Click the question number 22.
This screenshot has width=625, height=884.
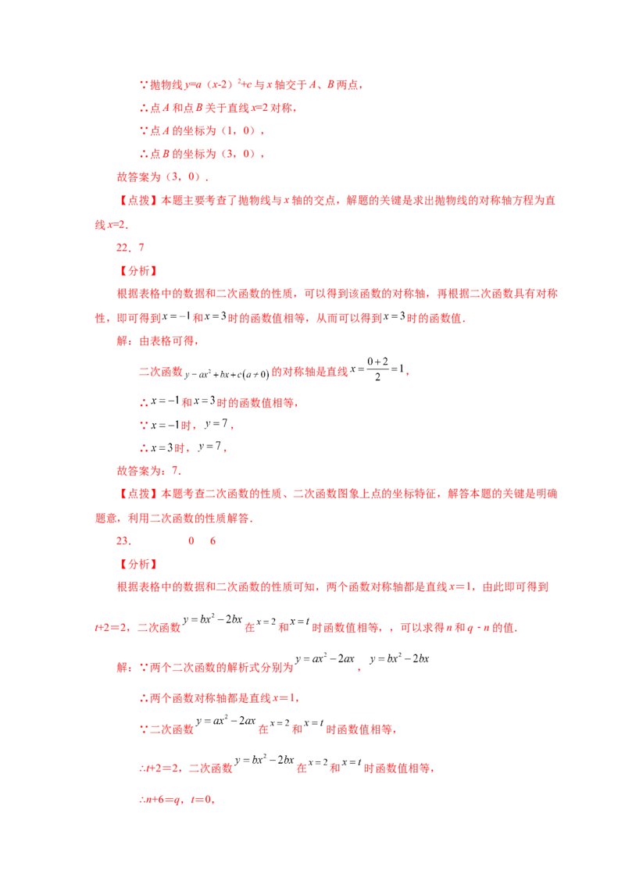coord(123,248)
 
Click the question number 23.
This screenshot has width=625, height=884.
coord(123,540)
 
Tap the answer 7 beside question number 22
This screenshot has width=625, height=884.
coord(141,248)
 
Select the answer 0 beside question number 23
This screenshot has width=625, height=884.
coord(191,540)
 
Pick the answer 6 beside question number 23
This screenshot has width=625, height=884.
coord(212,540)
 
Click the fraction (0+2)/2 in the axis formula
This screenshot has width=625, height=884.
coord(377,369)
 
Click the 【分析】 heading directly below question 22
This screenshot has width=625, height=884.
coord(138,271)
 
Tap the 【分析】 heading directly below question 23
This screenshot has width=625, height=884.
coord(138,565)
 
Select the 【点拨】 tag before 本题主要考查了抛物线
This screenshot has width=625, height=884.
coord(138,200)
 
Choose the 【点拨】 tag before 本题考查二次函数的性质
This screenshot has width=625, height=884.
coord(138,494)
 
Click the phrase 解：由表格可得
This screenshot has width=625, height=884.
coord(156,341)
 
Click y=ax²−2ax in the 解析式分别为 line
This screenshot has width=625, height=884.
coord(325,658)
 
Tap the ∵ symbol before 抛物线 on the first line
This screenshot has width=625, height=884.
coord(144,85)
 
